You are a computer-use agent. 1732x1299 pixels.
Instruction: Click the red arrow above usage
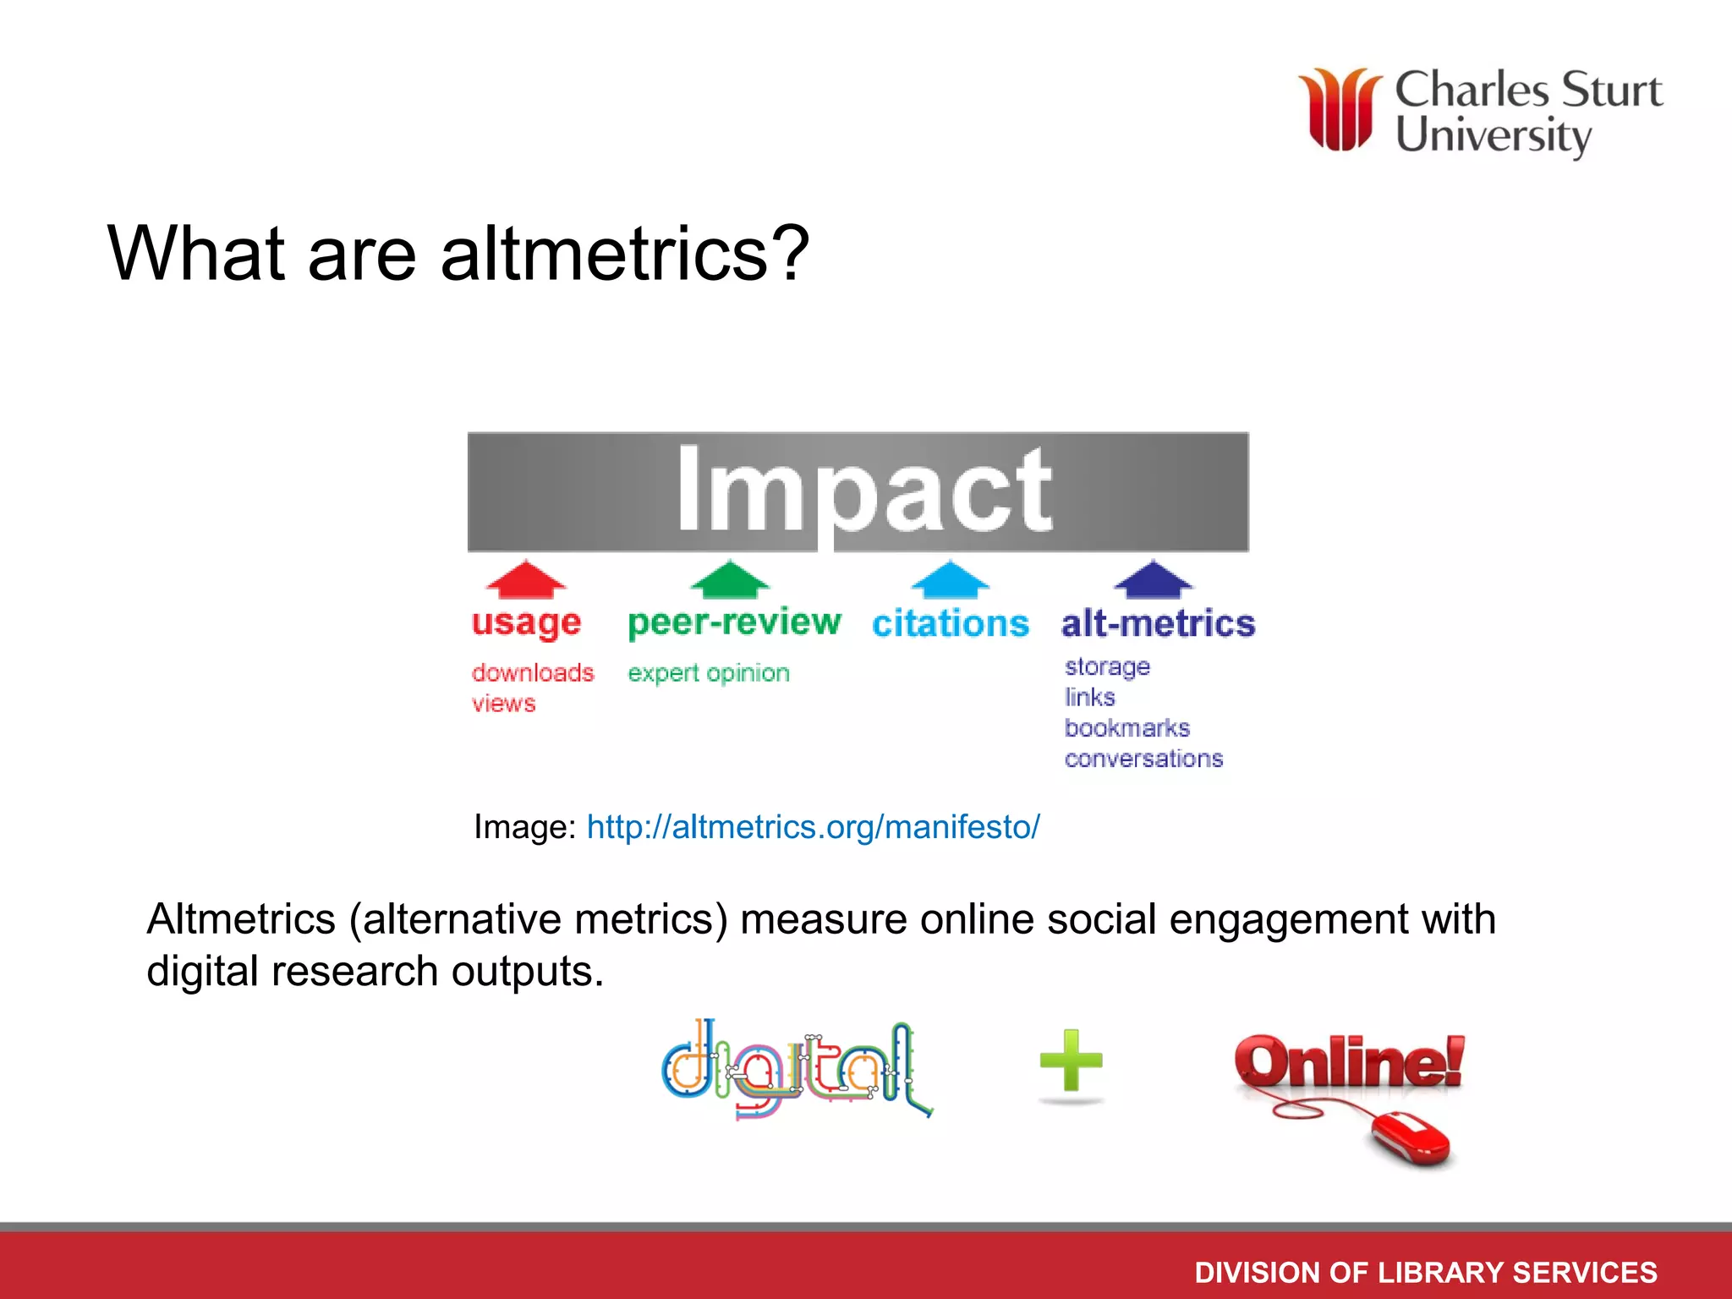click(x=526, y=580)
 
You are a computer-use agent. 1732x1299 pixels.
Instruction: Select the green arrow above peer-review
click(x=730, y=580)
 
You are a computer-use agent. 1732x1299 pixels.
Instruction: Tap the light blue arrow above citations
click(x=951, y=580)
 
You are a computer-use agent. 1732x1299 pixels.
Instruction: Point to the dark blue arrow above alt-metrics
click(x=1153, y=580)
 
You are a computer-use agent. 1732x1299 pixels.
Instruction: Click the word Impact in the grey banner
click(x=863, y=491)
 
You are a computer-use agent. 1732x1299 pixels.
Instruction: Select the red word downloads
click(x=533, y=673)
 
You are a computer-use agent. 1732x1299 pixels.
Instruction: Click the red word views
click(x=504, y=704)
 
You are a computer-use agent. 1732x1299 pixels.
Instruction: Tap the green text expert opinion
click(x=709, y=673)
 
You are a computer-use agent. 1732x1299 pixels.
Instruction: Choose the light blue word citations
click(x=951, y=624)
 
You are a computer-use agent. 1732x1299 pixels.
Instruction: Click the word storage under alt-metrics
click(x=1107, y=667)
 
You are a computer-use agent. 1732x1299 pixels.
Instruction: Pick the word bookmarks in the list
click(x=1126, y=728)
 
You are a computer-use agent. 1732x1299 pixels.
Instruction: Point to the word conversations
click(x=1143, y=759)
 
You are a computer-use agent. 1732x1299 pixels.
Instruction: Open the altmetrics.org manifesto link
click(x=813, y=827)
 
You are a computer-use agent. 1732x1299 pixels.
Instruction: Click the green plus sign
click(x=1071, y=1061)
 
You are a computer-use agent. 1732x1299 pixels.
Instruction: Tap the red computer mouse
click(x=1411, y=1138)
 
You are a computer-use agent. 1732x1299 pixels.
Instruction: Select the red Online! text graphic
click(x=1350, y=1062)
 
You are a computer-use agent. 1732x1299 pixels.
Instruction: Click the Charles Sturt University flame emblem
click(x=1340, y=110)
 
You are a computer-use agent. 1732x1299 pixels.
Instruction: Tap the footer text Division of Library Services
click(x=1426, y=1272)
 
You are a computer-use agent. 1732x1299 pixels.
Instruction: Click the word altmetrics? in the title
click(x=624, y=254)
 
